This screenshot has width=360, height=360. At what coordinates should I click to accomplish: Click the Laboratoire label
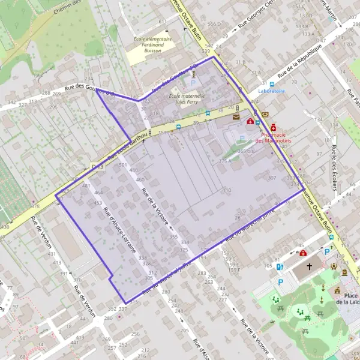click(271, 91)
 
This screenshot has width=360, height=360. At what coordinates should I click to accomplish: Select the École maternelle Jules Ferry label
click(187, 98)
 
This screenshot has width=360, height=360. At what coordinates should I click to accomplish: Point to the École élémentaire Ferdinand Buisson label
click(149, 45)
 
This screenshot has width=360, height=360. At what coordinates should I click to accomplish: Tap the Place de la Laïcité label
click(347, 299)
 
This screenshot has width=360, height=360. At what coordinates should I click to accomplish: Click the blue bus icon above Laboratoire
click(272, 84)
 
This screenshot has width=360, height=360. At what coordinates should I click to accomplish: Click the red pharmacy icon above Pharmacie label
click(274, 127)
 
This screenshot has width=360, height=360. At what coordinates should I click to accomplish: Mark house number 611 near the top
click(162, 22)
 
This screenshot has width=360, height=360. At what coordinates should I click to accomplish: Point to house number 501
click(123, 164)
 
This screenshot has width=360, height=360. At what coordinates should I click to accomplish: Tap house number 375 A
click(225, 161)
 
